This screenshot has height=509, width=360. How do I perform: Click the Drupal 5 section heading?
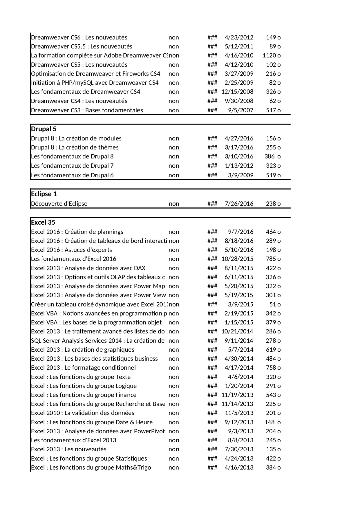(x=44, y=129)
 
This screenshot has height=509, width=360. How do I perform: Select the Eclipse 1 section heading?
(x=44, y=194)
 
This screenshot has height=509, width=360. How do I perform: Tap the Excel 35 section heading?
(x=43, y=222)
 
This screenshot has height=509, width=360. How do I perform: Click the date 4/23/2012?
(x=239, y=37)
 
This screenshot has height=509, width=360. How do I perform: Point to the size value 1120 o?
(x=272, y=55)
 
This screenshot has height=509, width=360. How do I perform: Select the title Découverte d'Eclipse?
(x=59, y=204)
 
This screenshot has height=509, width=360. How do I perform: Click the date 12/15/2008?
(x=237, y=92)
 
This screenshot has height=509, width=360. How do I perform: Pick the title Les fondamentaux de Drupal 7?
(x=72, y=166)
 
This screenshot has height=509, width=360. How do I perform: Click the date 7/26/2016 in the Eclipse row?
(x=239, y=204)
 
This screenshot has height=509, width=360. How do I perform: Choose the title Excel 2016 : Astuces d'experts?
(x=71, y=250)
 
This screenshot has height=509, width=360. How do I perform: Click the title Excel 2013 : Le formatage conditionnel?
(x=83, y=368)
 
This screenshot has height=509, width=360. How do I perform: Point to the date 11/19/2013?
(x=237, y=395)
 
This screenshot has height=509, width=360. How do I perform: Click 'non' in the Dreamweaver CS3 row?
(x=174, y=110)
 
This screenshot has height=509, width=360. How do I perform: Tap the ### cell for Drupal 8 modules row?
(x=212, y=138)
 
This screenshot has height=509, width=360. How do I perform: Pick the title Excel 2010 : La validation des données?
(x=83, y=413)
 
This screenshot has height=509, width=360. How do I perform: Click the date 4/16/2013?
(x=239, y=468)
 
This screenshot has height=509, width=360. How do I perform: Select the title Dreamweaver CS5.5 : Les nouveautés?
(x=82, y=46)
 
